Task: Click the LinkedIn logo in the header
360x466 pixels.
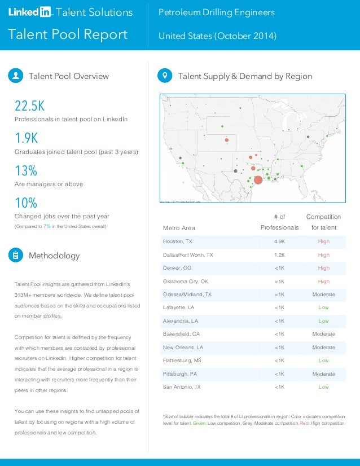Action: [29, 12]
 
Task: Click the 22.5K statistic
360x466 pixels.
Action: [29, 106]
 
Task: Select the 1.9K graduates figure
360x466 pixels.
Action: [26, 138]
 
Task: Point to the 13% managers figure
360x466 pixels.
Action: [26, 170]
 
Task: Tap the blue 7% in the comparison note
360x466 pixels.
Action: [47, 226]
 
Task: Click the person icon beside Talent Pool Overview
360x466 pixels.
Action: [16, 76]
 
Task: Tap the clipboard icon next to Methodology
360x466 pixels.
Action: [16, 256]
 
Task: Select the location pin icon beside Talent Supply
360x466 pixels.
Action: [165, 76]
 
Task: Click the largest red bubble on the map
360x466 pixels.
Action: [258, 180]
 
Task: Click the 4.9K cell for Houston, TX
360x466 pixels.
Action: [279, 241]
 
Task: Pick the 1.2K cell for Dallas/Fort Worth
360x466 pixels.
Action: [279, 255]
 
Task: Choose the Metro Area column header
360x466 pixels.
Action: [179, 228]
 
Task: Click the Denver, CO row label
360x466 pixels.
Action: [177, 268]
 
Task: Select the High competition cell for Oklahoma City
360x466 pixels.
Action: [323, 281]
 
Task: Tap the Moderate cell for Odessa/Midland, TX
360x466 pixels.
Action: [323, 294]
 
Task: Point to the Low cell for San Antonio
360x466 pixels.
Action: [323, 387]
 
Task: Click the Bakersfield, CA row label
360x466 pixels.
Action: [181, 334]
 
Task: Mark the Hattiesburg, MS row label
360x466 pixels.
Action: [182, 361]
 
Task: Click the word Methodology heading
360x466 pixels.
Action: [54, 256]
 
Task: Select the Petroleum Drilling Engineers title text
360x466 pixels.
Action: [217, 12]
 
